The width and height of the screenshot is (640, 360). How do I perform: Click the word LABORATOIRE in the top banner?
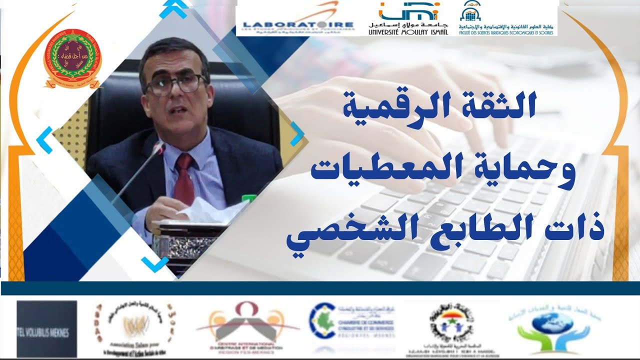pos(297,24)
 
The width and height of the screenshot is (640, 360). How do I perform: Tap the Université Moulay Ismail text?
pos(408,31)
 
